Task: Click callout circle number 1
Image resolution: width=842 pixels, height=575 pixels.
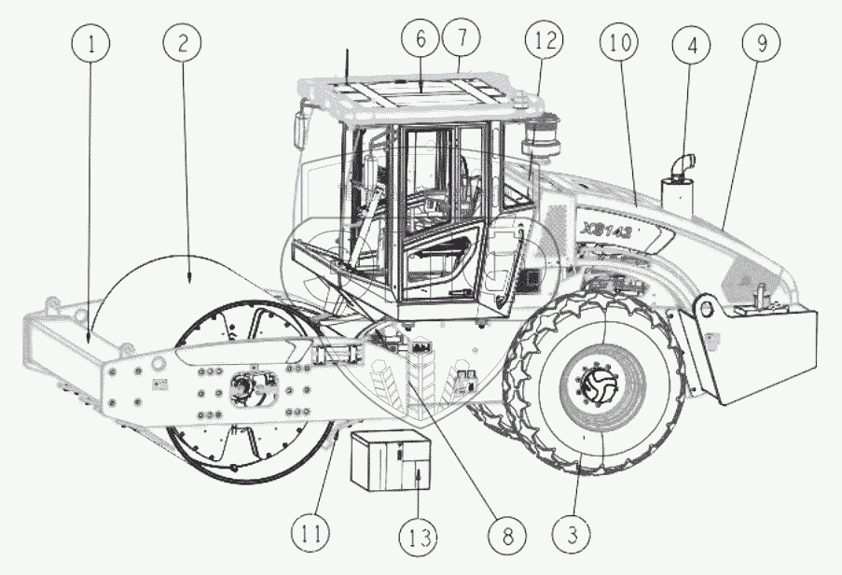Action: coord(90,44)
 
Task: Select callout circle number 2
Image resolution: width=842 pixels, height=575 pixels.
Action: coord(182,44)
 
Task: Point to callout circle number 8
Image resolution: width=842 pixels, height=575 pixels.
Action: coord(508,536)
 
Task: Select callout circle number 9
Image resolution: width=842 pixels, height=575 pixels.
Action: coord(762,44)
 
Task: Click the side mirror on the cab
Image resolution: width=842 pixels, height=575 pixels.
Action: coord(300,129)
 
